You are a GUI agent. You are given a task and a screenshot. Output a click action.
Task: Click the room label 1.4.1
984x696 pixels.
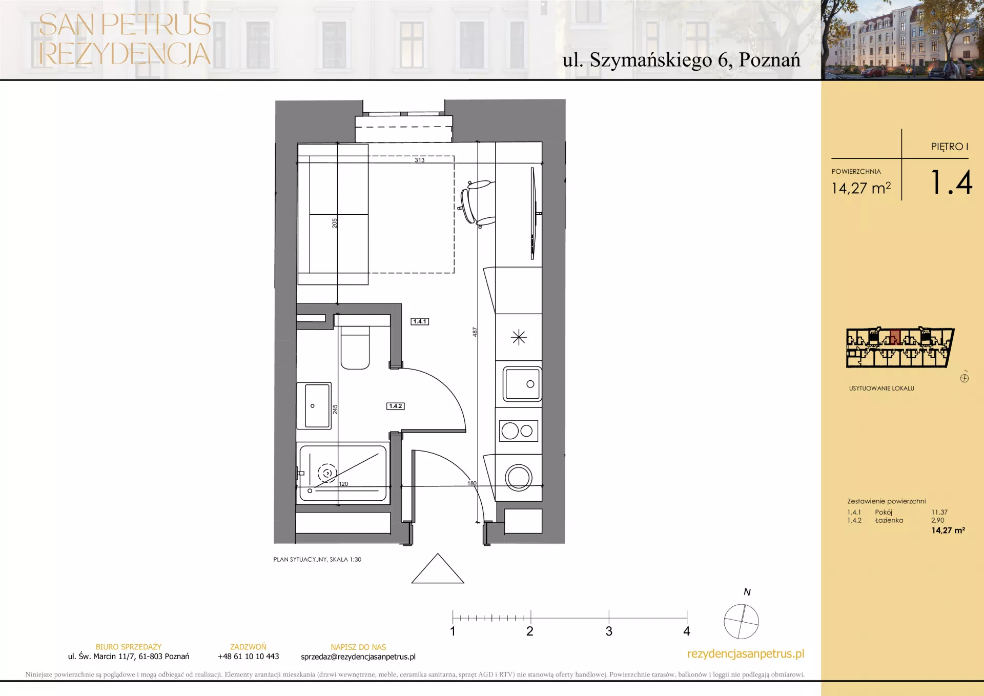click(420, 321)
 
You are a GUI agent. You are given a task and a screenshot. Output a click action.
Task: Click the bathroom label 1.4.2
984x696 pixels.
click(396, 406)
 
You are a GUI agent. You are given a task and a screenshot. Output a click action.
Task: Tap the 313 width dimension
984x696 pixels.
click(419, 160)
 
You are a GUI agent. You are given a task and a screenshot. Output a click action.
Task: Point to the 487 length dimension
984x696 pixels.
click(475, 332)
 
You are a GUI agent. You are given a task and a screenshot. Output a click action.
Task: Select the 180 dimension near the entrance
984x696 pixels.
click(471, 483)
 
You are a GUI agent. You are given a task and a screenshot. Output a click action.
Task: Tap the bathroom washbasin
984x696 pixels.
click(314, 405)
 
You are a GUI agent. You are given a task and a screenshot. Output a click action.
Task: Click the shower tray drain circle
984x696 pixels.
click(327, 473)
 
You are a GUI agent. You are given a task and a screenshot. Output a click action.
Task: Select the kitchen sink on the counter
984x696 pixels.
click(522, 384)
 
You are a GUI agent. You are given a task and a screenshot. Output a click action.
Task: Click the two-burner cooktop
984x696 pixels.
click(518, 431)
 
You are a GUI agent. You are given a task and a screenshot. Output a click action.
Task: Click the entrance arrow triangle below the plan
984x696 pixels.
click(438, 568)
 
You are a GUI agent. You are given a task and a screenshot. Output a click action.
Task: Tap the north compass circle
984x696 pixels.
click(741, 622)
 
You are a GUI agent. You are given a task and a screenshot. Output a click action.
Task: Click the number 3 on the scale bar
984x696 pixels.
click(609, 631)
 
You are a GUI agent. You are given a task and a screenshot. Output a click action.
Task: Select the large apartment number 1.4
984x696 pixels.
click(951, 182)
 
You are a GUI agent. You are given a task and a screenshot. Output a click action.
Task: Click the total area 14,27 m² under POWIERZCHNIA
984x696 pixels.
click(861, 188)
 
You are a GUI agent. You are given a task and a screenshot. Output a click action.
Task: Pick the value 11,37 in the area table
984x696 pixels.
click(939, 512)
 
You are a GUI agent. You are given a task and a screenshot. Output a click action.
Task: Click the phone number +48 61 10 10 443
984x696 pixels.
click(248, 657)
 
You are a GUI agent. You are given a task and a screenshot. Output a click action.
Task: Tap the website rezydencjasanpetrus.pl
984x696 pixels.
click(746, 654)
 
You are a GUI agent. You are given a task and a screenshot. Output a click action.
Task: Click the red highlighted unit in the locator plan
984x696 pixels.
click(895, 337)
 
